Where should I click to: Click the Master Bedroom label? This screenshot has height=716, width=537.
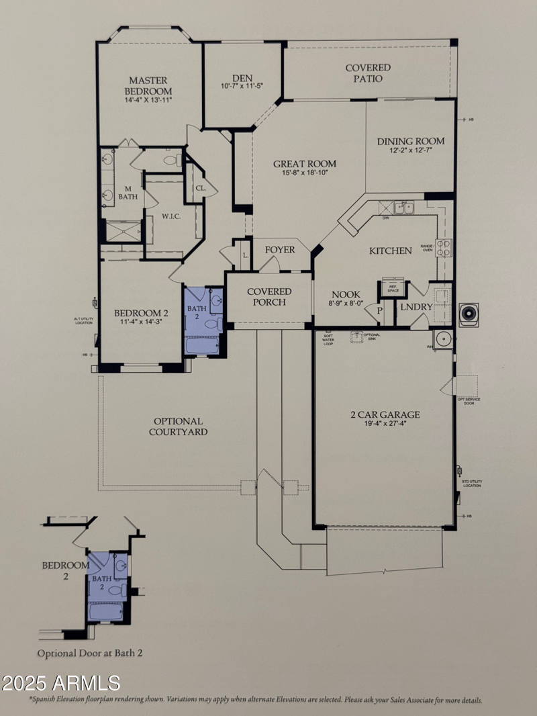click(x=148, y=85)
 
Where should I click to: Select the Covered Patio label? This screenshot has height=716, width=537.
click(x=368, y=73)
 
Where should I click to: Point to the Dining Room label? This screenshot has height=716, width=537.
click(x=410, y=141)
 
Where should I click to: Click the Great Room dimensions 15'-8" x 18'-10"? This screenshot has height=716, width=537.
click(x=304, y=173)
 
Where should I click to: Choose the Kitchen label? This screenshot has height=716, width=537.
click(x=390, y=251)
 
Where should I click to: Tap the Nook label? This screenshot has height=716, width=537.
click(x=346, y=294)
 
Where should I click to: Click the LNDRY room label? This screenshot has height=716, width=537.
click(x=417, y=307)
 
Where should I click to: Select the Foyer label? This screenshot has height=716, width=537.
click(x=280, y=250)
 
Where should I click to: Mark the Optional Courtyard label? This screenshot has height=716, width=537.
click(x=178, y=427)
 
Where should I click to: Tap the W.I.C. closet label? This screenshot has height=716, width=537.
click(x=172, y=217)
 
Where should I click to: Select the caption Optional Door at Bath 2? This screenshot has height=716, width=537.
click(x=90, y=652)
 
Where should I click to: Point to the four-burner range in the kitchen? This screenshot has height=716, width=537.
click(x=443, y=248)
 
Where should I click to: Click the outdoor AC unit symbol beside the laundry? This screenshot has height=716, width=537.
click(x=469, y=314)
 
